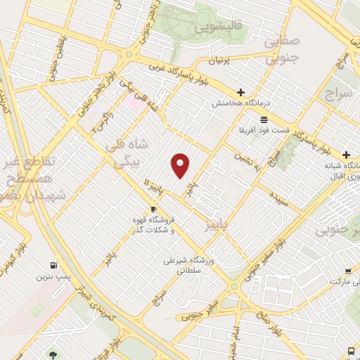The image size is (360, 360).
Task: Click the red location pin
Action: click(x=181, y=166)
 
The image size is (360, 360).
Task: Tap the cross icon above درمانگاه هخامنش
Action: click(x=240, y=92)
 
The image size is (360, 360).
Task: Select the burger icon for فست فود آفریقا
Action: click(x=264, y=119)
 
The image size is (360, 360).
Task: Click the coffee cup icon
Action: click(x=153, y=209)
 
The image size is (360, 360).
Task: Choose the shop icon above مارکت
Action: click(x=348, y=271)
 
